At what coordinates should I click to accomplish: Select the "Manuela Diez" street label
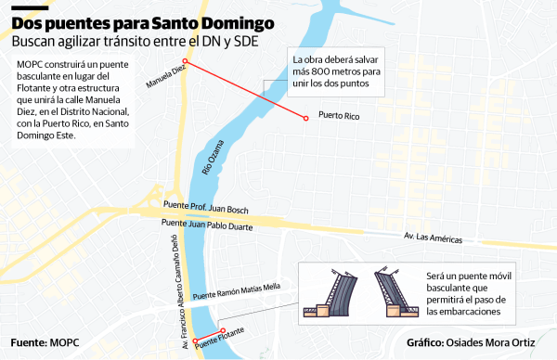pos(167,75)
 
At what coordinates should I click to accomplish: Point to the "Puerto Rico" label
pos(338,117)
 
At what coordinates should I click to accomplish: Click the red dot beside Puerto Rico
pos(305,117)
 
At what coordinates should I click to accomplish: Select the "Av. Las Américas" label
pos(433,238)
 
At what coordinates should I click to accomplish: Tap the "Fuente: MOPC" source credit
pos(45,342)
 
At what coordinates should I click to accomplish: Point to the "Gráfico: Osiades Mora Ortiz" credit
pos(471,342)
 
